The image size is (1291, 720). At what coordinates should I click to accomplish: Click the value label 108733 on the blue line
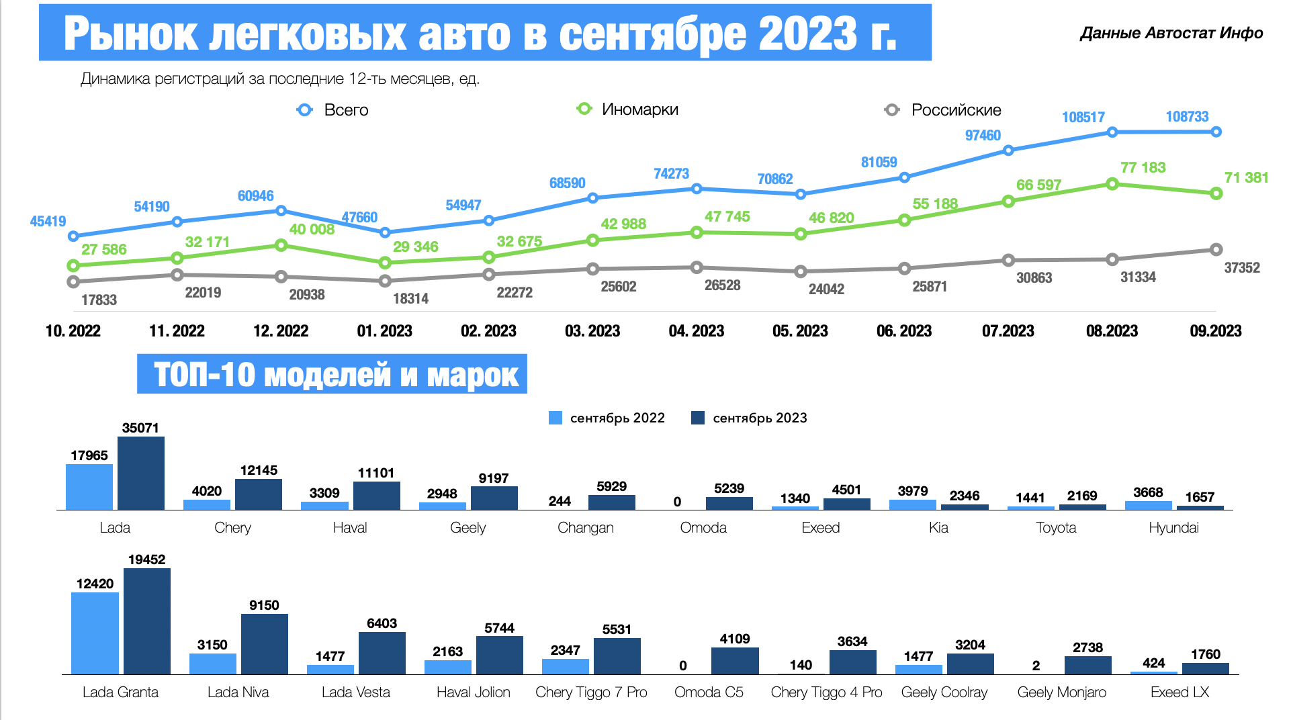(x=1187, y=117)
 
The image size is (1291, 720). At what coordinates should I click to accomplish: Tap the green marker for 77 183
(x=1112, y=184)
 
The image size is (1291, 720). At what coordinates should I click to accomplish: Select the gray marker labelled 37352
(x=1216, y=250)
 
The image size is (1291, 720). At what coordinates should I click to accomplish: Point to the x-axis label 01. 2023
(x=384, y=331)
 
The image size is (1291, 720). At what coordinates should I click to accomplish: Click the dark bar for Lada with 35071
(x=141, y=473)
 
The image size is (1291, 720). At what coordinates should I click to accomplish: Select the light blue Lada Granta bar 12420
(x=95, y=633)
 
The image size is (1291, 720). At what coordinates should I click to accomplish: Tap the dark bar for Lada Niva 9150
(x=265, y=643)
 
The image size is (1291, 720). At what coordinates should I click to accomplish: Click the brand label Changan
(x=585, y=528)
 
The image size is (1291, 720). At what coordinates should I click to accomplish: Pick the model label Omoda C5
(x=709, y=692)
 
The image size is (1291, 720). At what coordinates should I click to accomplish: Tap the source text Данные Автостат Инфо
(x=1171, y=34)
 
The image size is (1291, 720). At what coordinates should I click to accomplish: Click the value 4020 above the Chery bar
(x=206, y=491)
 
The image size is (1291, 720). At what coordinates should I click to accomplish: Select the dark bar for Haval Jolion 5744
(x=500, y=655)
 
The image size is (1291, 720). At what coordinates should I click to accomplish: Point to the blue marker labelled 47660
(x=385, y=232)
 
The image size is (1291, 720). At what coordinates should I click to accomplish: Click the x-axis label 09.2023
(x=1215, y=331)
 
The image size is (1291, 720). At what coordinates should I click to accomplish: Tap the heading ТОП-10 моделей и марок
(x=335, y=375)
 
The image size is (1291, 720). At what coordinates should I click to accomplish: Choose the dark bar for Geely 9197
(x=494, y=498)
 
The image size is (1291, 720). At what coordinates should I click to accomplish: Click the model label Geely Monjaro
(x=1061, y=692)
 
